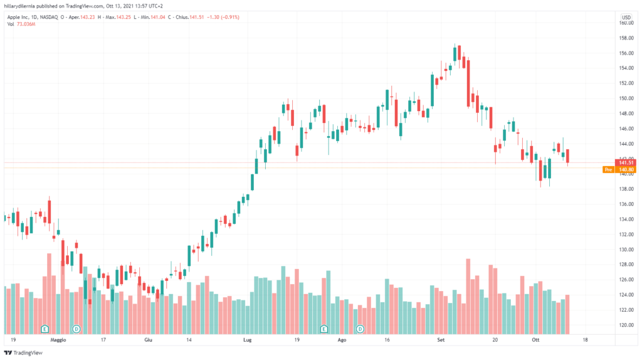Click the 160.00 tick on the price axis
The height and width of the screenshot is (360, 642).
[625, 23]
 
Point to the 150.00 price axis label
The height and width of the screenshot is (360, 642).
[625, 98]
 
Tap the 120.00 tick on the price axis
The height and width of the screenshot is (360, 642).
[625, 325]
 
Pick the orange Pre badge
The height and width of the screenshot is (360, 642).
[608, 169]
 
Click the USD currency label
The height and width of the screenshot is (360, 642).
[626, 17]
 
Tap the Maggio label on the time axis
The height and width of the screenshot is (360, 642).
[58, 339]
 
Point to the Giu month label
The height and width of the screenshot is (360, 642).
[148, 339]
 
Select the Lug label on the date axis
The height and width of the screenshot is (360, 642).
[246, 339]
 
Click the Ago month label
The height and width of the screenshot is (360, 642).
[342, 339]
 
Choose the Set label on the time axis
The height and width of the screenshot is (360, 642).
[441, 339]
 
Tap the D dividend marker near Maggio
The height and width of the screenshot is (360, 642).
[76, 329]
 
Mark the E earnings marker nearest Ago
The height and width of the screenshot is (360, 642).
[324, 329]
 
